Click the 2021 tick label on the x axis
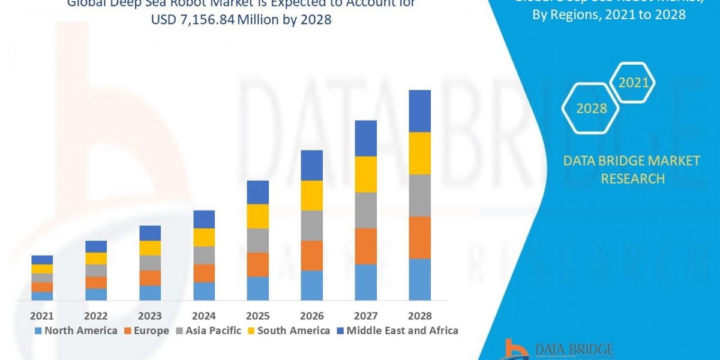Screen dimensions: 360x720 42,316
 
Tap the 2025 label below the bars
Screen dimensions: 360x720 257,316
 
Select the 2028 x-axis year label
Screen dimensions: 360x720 419,316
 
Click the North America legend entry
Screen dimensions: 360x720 76,331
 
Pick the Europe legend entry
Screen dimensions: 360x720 147,331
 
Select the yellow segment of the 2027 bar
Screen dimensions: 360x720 365,174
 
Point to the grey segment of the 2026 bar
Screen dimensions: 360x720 311,226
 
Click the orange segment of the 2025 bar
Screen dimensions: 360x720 257,265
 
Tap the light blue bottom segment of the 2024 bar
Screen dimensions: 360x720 204,291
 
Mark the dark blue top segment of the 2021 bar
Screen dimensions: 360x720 42,260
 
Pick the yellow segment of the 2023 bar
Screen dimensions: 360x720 150,248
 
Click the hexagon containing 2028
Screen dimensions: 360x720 591,109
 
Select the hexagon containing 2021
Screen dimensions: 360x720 634,83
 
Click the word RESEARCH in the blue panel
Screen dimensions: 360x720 632,179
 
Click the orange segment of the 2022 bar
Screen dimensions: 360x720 96,283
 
